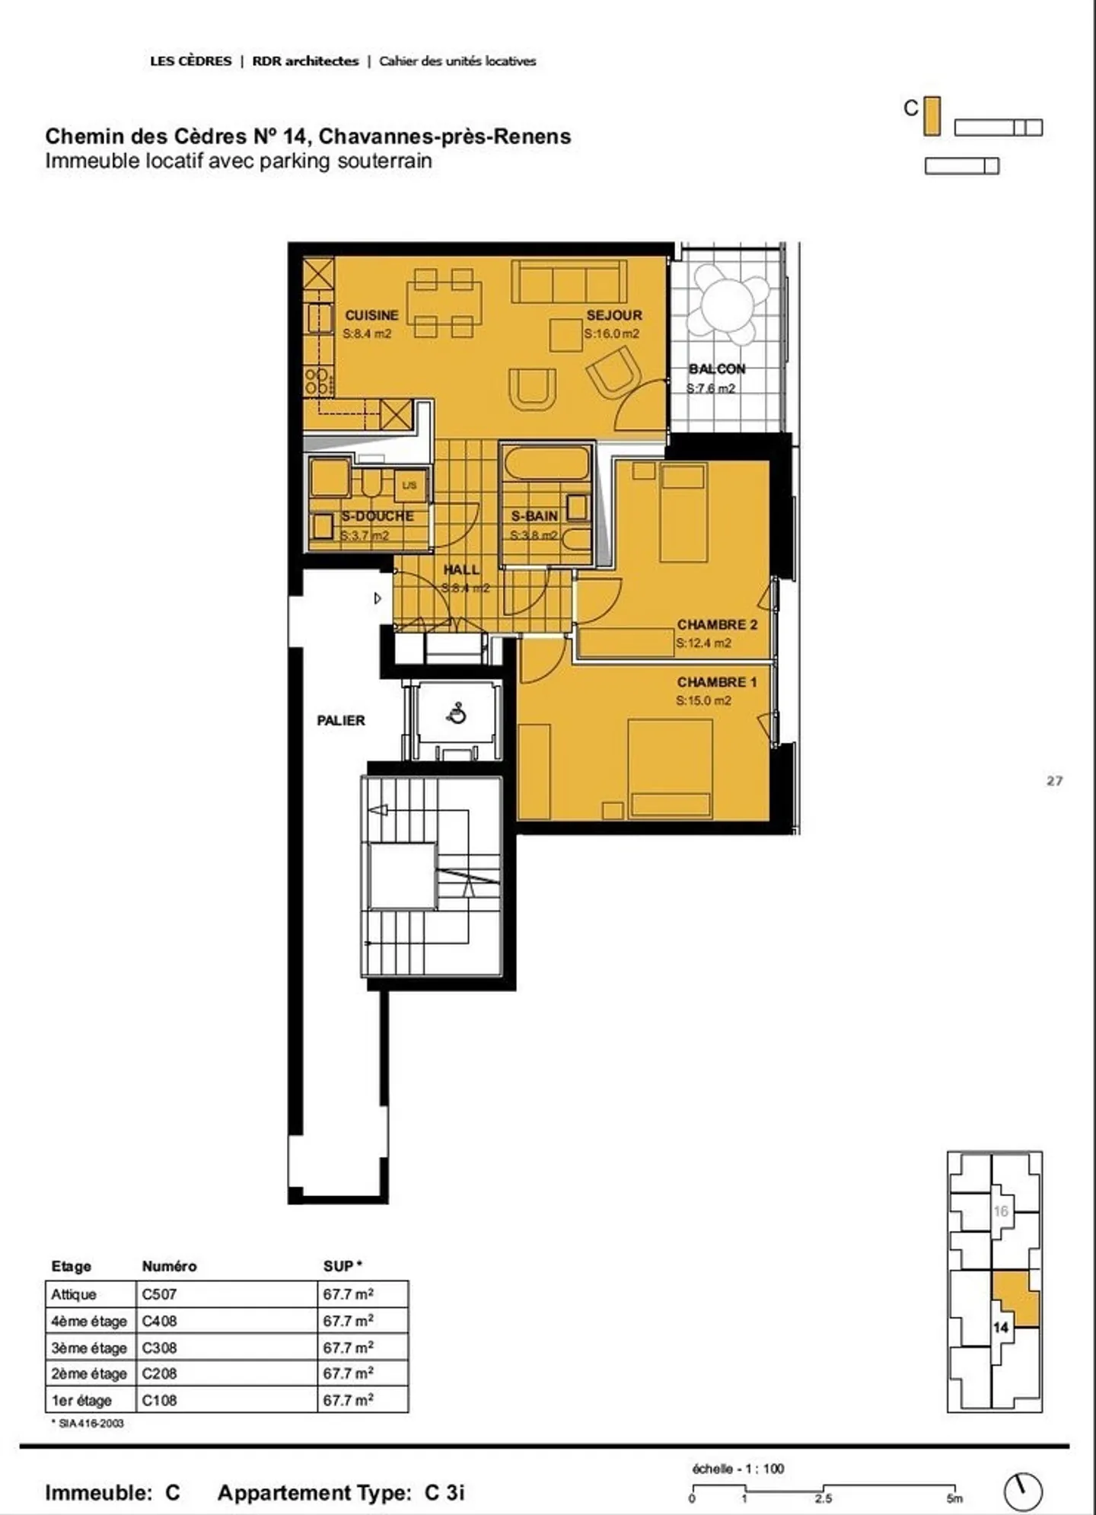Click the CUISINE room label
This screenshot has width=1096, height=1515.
[x=371, y=315]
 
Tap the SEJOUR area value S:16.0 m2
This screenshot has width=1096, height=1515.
[x=612, y=333]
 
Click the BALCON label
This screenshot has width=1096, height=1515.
[x=717, y=369]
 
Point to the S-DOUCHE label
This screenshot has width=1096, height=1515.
[x=378, y=516]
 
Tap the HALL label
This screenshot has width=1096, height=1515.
[x=461, y=569]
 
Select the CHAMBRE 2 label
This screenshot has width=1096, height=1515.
[x=717, y=624]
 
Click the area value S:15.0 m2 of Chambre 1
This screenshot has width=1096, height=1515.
[x=703, y=700]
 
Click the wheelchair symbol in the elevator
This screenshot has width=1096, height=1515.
[x=457, y=714]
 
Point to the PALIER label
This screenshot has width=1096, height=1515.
[x=340, y=720]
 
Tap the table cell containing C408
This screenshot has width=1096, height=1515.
[x=228, y=1321]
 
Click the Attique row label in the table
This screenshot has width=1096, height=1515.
[x=74, y=1294]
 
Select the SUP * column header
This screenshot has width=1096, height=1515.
[x=342, y=1266]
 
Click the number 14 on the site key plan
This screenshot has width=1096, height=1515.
[x=1000, y=1327]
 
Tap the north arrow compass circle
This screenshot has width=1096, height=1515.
[x=1023, y=1491]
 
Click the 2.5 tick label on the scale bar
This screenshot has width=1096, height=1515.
[x=823, y=1498]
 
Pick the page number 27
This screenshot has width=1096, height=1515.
[x=1054, y=780]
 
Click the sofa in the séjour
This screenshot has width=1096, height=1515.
[x=569, y=282]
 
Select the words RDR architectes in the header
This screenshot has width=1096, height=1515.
[x=305, y=61]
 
